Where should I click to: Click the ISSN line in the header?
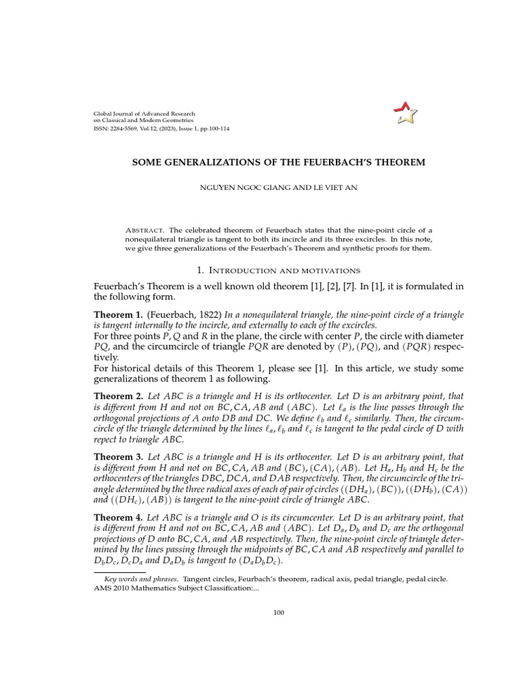pos(161,128)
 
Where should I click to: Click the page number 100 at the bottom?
pos(278,613)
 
